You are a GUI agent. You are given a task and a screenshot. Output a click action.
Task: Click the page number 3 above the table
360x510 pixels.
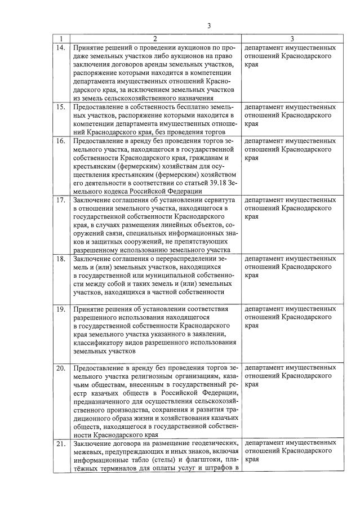pos(209,25)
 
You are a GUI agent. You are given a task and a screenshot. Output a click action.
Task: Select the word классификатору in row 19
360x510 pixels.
pos(100,342)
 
